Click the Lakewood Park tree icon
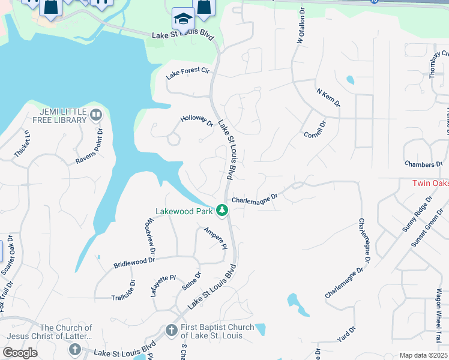click(222, 211)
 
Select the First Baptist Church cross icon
click(171, 331)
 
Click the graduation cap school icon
click(182, 20)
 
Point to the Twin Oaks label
click(430, 183)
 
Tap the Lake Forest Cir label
click(188, 74)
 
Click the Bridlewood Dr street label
click(134, 262)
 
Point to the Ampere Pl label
click(215, 238)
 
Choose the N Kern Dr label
click(328, 98)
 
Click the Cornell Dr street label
click(315, 129)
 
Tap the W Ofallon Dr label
click(297, 29)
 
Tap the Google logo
click(20, 352)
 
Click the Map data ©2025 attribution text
click(423, 355)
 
